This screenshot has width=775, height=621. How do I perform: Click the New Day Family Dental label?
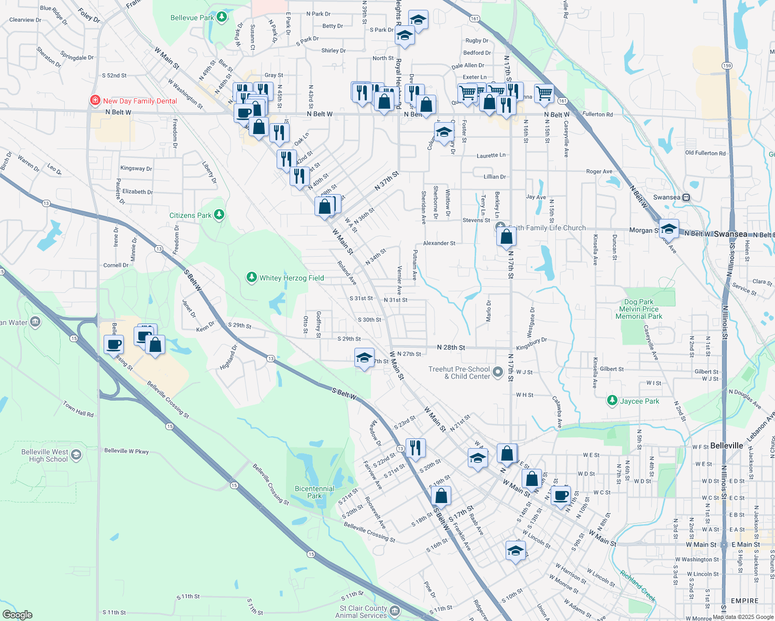pos(140,101)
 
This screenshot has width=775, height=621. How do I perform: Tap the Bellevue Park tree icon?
pos(222,18)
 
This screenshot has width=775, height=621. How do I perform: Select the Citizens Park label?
pos(190,215)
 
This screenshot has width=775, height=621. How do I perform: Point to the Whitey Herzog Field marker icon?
pos(252,278)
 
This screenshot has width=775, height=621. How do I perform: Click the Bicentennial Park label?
pos(314,492)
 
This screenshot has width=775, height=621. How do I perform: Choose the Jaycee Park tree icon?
pos(612,401)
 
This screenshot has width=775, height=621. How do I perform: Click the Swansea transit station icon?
pos(686,197)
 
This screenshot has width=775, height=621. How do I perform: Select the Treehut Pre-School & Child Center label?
pos(459,373)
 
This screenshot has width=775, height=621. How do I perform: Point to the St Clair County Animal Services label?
pos(363,612)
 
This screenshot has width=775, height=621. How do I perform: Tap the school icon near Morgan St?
pos(669,228)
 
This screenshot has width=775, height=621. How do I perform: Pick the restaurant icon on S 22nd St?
pos(415,448)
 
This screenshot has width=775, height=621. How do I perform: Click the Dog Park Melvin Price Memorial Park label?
pos(639,309)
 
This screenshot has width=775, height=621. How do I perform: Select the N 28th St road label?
pos(451,348)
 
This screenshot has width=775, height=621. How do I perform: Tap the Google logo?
pos(17,615)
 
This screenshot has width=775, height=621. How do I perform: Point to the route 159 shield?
pos(727,66)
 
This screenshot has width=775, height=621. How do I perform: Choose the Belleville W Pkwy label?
pos(126,451)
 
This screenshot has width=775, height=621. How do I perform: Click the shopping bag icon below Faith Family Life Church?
pos(506,237)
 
